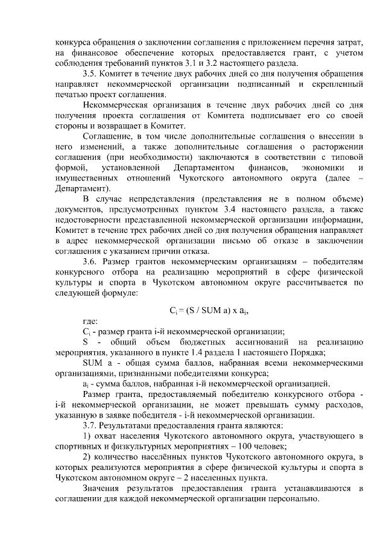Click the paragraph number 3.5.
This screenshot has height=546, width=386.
pos(90,74)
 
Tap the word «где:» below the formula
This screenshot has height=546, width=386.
pos(91,321)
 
